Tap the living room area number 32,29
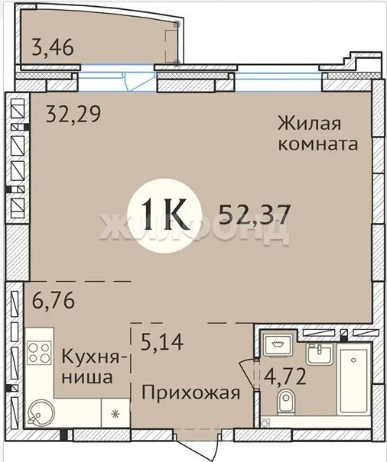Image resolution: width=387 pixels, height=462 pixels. [x=73, y=114]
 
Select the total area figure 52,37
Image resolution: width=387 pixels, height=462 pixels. [x=255, y=215]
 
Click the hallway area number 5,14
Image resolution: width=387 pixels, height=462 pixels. [x=162, y=341]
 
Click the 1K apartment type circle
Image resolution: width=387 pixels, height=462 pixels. [x=164, y=215]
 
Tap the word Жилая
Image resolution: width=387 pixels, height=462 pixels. [x=309, y=123]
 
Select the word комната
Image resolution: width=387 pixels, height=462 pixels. [x=318, y=144]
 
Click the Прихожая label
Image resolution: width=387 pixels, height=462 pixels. [x=190, y=393]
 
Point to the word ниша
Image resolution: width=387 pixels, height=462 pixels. [x=87, y=377]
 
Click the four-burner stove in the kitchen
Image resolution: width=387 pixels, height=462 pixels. [x=39, y=352]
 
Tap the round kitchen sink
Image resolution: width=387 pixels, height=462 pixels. [x=41, y=412]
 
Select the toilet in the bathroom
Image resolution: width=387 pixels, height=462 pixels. [x=285, y=402]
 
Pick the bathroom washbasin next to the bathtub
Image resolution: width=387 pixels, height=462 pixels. [x=319, y=354]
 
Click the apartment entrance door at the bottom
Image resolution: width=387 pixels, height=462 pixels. [x=198, y=447]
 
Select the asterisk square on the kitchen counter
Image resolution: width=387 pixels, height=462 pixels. [x=115, y=414]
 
